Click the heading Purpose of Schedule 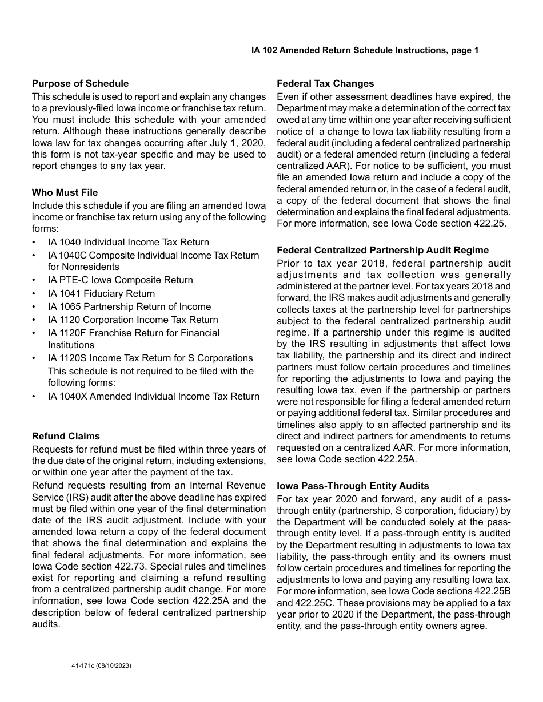pyautogui.click(x=80, y=83)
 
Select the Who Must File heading pyautogui.click(x=65, y=192)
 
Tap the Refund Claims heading pyautogui.click(x=66, y=436)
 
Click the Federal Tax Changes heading pyautogui.click(x=325, y=83)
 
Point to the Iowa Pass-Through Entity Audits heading pyautogui.click(x=353, y=486)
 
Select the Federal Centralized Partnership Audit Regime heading pyautogui.click(x=382, y=250)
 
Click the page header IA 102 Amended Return pyautogui.click(x=365, y=50)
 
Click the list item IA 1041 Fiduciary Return pyautogui.click(x=101, y=293)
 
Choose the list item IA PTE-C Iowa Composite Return pyautogui.click(x=120, y=280)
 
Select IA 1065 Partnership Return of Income pyautogui.click(x=129, y=306)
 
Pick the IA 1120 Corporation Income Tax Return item pyautogui.click(x=133, y=320)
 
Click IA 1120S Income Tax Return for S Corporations pyautogui.click(x=150, y=358)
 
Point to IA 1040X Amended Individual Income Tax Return pyautogui.click(x=153, y=396)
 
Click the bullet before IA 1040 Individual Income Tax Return pyautogui.click(x=35, y=242)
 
